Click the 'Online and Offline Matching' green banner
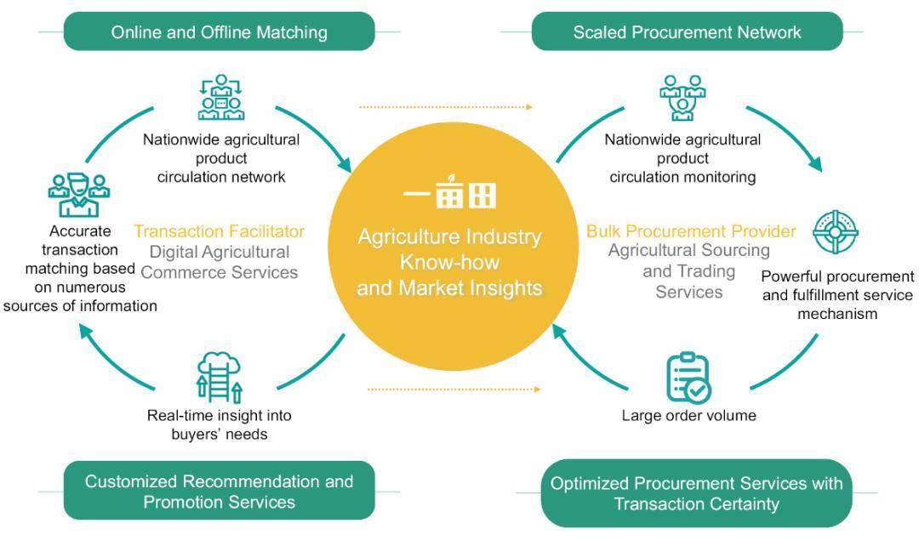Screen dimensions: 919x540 220,31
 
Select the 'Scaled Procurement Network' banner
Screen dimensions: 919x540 687,31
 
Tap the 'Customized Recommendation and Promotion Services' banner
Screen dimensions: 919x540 220,491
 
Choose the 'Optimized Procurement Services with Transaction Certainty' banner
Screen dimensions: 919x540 696,493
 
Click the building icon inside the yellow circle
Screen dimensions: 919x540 449,191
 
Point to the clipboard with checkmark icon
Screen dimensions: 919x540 688,378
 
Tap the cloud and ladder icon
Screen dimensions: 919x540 220,378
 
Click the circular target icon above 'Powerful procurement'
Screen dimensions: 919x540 836,232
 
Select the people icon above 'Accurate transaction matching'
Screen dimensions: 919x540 79,195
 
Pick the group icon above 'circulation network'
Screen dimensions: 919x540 221,97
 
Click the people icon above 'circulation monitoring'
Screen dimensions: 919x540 682,97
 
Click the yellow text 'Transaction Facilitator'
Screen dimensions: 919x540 220,231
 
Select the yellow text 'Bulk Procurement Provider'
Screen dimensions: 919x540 691,230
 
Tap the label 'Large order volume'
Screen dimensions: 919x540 688,415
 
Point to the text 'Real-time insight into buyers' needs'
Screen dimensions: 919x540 220,424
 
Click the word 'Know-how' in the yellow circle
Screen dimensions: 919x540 449,262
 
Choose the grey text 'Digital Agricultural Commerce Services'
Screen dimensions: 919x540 220,262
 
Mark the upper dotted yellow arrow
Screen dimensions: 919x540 446,107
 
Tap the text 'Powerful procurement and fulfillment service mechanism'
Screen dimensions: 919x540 837,294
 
